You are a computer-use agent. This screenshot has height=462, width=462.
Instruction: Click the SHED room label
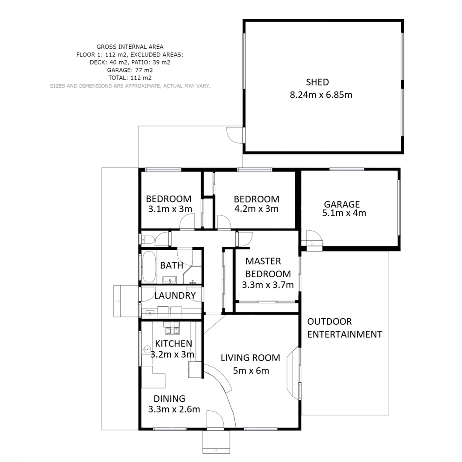317,82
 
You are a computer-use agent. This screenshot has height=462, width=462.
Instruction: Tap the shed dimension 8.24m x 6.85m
321,95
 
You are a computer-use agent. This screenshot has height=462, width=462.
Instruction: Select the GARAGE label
341,204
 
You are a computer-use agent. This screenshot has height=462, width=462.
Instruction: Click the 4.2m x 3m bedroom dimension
257,209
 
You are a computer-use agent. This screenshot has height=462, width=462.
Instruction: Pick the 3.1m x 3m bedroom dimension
170,209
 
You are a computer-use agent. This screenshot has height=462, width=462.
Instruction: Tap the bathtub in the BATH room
149,267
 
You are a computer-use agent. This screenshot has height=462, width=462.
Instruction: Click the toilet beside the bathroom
147,239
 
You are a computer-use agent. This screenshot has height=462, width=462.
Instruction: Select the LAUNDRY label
175,295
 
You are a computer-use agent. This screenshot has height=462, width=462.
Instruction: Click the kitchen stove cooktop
172,330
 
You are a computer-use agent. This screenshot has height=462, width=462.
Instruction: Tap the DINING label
169,399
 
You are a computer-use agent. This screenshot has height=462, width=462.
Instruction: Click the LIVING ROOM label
250,358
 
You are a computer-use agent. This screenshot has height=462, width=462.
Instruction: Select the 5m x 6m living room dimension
251,370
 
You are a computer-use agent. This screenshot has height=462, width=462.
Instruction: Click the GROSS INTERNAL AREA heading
130,47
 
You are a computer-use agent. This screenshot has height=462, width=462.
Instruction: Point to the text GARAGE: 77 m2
130,70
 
